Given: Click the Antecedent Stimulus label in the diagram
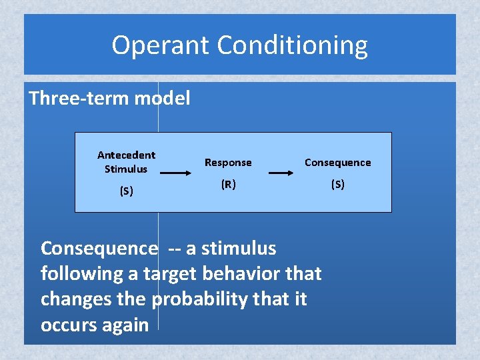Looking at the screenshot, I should pyautogui.click(x=126, y=161).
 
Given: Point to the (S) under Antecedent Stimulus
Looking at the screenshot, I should pyautogui.click(x=126, y=191).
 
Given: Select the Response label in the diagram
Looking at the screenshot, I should pyautogui.click(x=228, y=162).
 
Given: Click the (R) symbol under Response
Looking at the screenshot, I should pyautogui.click(x=228, y=185).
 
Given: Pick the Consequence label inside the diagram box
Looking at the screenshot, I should pyautogui.click(x=337, y=162).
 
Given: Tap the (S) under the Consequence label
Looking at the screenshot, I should pyautogui.click(x=337, y=185).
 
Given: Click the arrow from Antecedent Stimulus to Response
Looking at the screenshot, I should pyautogui.click(x=175, y=173).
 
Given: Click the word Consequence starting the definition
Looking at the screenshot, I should pyautogui.click(x=99, y=249).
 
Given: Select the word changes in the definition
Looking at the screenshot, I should pyautogui.click(x=76, y=299).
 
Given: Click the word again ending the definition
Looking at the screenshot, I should pyautogui.click(x=125, y=325).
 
